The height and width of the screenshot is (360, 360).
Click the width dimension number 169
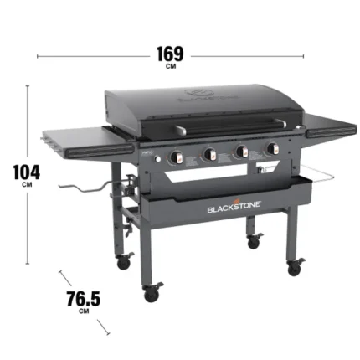[x=170, y=54]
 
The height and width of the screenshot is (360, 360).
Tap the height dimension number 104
[x=28, y=171]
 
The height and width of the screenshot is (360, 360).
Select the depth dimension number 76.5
[x=83, y=299]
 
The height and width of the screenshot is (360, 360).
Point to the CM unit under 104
[x=28, y=185]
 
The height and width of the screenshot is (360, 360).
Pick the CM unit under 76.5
[x=83, y=312]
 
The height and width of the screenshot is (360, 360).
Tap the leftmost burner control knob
[x=177, y=158]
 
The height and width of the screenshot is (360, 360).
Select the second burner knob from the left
[x=209, y=155]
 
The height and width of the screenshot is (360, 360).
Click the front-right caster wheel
[x=294, y=269]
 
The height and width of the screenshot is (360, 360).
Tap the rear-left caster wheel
[x=123, y=262]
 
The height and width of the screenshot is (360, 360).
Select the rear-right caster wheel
[x=252, y=242]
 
